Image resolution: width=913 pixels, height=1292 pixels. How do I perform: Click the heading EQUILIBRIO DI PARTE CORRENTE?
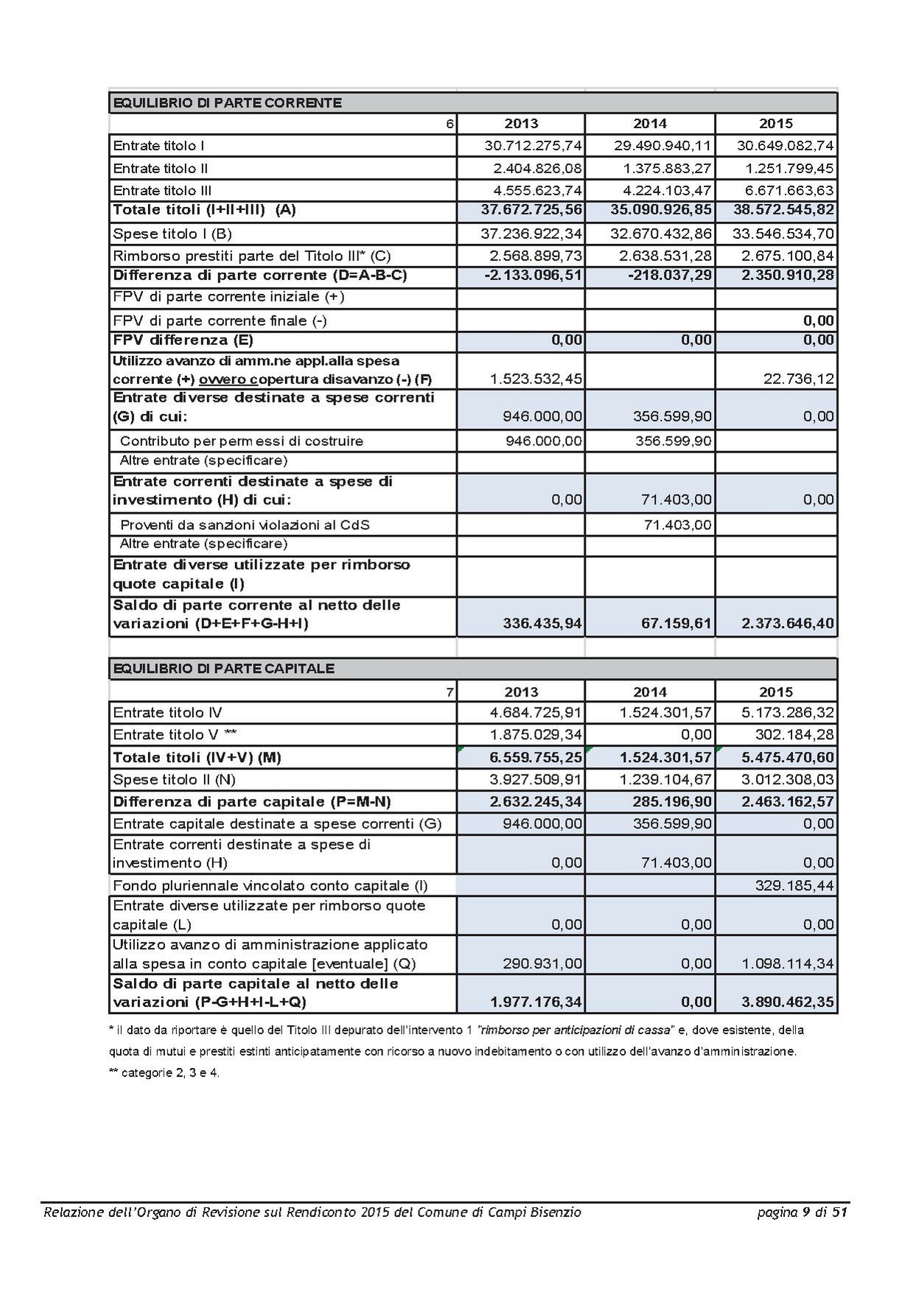click(227, 102)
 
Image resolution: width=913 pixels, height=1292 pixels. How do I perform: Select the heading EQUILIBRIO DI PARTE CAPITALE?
click(223, 668)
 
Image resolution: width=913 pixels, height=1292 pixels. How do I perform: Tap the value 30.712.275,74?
click(533, 146)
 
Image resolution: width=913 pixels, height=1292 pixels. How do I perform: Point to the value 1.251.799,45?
click(786, 169)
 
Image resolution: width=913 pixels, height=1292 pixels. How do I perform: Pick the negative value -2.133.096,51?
click(533, 276)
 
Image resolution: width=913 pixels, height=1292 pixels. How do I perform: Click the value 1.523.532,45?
click(536, 379)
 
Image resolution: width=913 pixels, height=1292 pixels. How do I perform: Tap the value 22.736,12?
click(800, 379)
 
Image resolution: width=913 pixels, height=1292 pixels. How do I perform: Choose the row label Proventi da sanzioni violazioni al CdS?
click(245, 525)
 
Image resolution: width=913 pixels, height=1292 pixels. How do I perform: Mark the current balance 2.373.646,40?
click(788, 624)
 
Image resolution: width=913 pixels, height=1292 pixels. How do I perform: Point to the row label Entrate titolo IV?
click(167, 713)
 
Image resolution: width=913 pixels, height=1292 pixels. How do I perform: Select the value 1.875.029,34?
click(536, 735)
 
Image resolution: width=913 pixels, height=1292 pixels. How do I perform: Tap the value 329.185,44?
click(794, 885)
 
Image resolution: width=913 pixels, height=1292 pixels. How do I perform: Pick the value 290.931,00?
click(542, 963)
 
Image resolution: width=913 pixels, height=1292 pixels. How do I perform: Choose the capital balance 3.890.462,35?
click(788, 1002)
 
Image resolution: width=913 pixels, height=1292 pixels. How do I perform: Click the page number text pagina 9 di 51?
click(802, 1212)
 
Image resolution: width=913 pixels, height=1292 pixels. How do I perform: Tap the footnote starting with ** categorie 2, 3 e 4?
click(164, 1073)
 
